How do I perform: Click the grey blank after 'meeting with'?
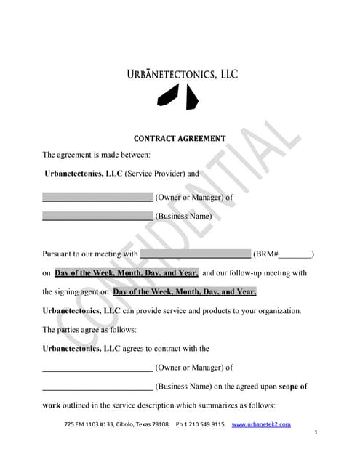194,254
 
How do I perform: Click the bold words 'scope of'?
290,387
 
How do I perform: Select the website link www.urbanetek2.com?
260,424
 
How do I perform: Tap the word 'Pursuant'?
59,254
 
